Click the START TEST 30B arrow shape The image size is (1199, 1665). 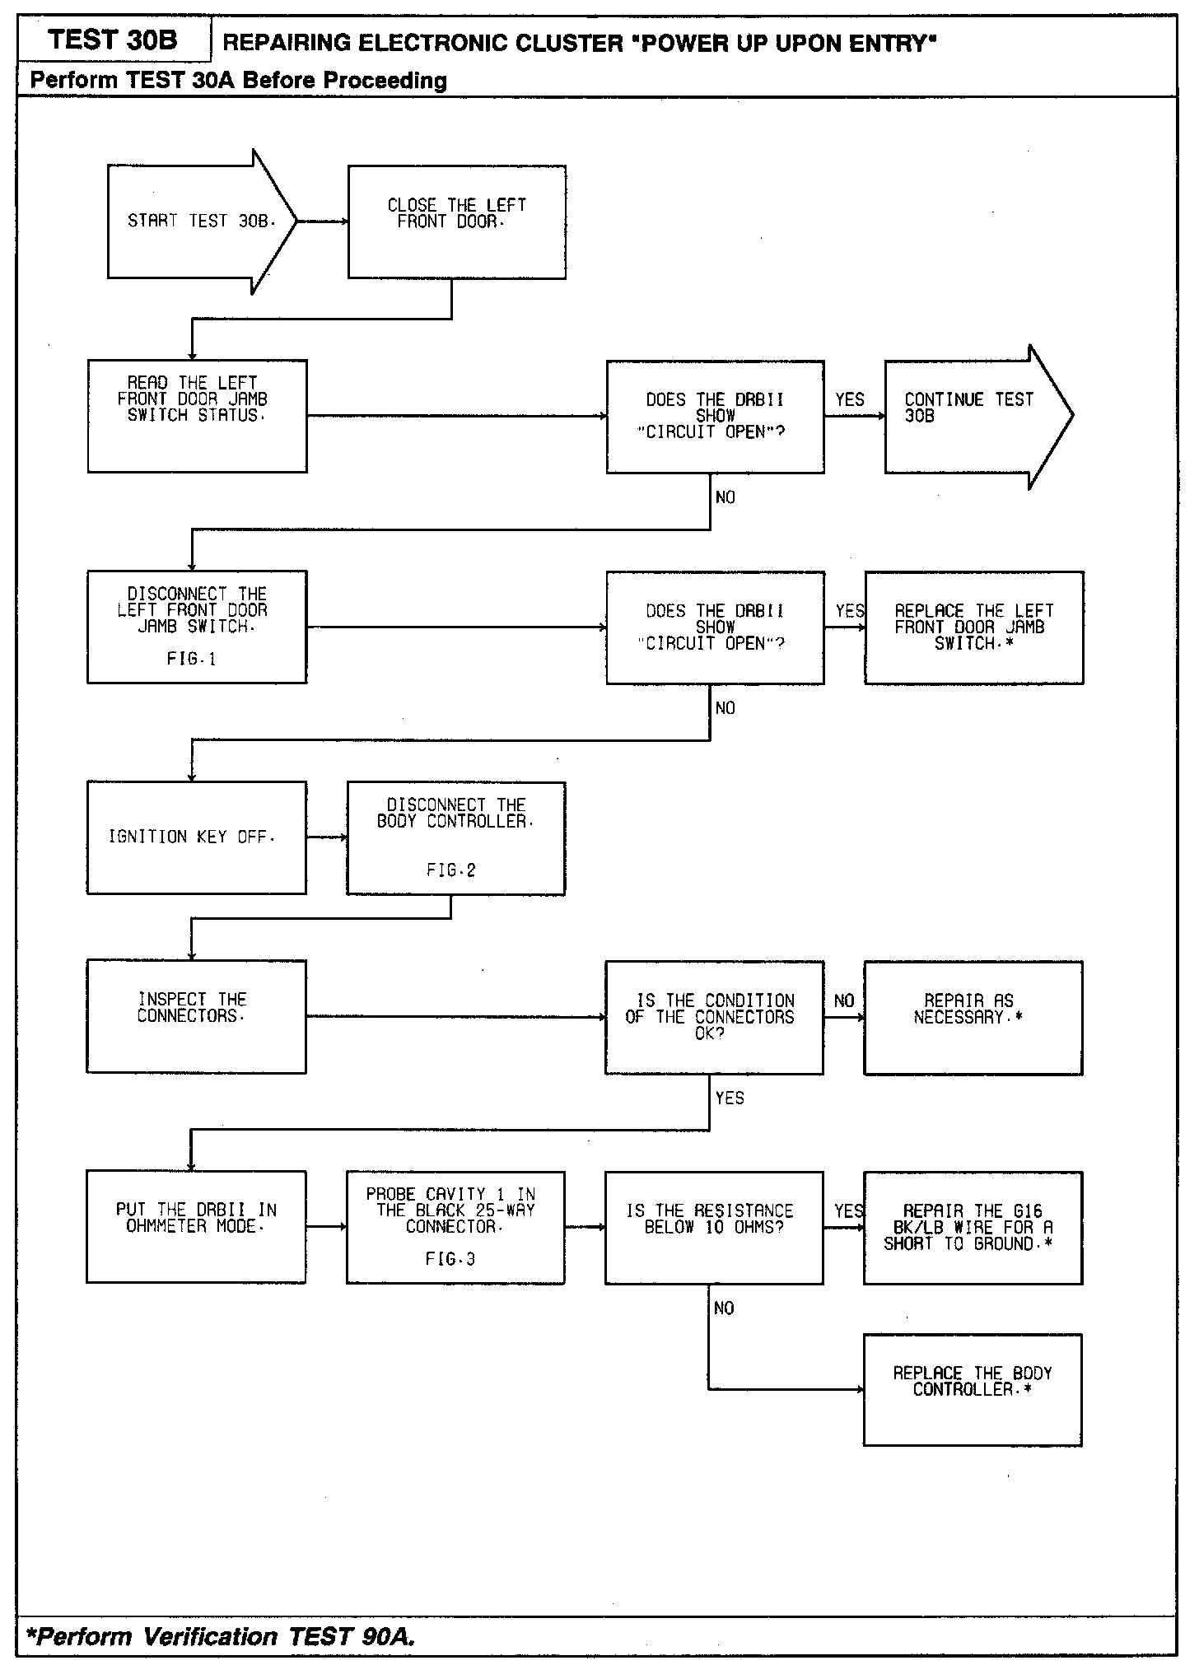point(198,221)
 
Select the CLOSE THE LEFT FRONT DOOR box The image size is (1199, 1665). point(456,222)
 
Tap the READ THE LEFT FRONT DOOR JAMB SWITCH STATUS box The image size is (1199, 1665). point(197,416)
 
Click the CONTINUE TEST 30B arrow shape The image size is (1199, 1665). point(972,416)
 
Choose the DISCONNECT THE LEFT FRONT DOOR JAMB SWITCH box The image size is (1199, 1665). point(197,627)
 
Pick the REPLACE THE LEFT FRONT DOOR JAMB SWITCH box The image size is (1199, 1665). point(973,627)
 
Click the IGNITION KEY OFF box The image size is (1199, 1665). point(196,837)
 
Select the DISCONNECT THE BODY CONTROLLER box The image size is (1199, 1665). point(455,837)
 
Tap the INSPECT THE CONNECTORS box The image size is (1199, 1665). point(196,1016)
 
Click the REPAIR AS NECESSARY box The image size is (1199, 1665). point(973,1017)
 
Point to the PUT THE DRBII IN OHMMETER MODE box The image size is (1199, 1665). point(196,1226)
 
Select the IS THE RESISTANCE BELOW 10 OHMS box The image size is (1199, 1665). point(714,1227)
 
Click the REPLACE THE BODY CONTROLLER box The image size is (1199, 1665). point(973,1389)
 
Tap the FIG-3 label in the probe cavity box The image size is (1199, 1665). point(450,1259)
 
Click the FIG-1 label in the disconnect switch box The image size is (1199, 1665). point(191,659)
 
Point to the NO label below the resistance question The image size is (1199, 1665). point(724,1308)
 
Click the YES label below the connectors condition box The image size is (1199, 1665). point(730,1098)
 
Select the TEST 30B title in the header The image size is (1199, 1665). point(113,40)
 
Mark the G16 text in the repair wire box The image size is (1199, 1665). point(1027,1210)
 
